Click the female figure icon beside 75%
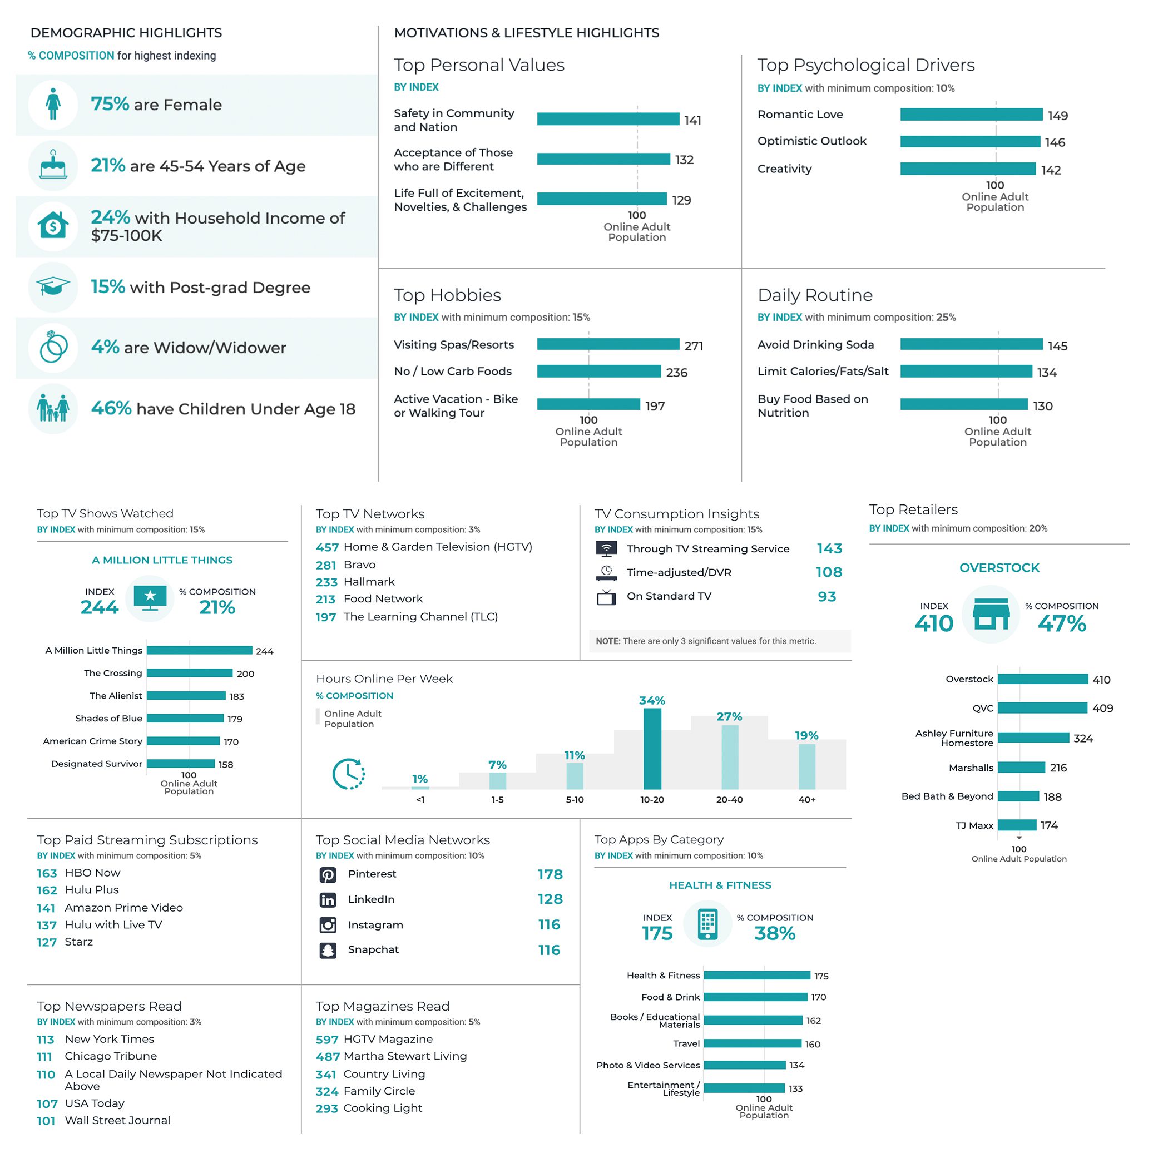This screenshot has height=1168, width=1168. tap(53, 104)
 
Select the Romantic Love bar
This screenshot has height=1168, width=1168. tap(971, 114)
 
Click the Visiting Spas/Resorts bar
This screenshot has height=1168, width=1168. tap(607, 344)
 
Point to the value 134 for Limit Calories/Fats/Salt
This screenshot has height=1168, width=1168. tap(1047, 373)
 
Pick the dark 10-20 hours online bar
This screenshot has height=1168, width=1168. tap(652, 749)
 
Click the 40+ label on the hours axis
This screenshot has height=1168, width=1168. tap(806, 799)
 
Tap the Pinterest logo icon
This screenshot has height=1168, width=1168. tap(328, 874)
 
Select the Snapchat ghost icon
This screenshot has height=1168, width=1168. tap(328, 950)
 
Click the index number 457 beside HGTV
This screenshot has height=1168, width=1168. tap(327, 547)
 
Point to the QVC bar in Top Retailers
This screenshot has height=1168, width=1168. tap(1042, 708)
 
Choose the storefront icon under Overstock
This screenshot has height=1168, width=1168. tap(990, 614)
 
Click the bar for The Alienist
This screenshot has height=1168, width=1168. tap(186, 696)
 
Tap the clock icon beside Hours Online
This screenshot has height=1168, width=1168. tap(349, 773)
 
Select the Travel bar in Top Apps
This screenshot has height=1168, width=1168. tap(752, 1043)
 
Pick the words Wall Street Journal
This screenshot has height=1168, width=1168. tap(117, 1120)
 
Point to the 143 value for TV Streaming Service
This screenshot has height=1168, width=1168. tap(829, 548)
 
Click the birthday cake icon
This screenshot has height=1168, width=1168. tap(53, 165)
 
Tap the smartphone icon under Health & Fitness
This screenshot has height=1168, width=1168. tap(707, 924)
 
